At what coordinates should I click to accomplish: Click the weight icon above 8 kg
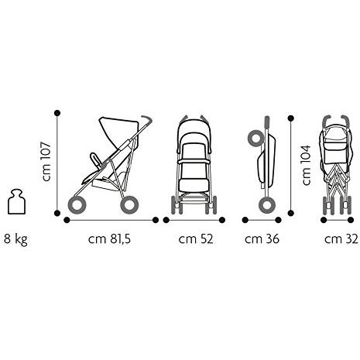point(16,202)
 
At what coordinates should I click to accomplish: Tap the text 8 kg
point(15,239)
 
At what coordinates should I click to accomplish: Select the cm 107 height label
point(47,161)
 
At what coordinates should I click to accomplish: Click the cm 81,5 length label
point(109,239)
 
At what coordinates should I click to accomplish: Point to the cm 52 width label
point(196,239)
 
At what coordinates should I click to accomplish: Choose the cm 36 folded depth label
point(262,239)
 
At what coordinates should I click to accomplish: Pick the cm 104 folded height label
point(307,165)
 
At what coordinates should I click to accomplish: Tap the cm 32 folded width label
point(341,239)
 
